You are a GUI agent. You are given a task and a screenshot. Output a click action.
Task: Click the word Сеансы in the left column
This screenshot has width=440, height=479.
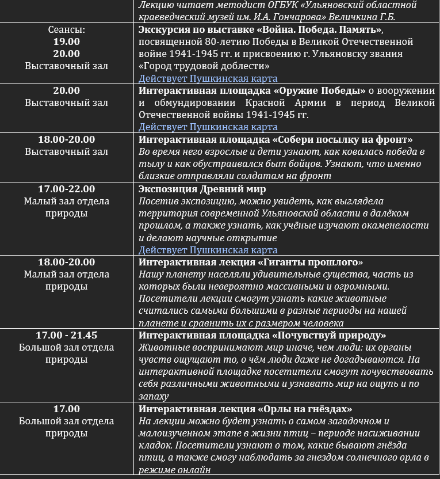(67, 29)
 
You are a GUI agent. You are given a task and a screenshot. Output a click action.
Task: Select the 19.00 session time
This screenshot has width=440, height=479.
(67, 41)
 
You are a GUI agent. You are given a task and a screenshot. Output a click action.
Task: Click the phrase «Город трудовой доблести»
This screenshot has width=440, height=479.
(204, 66)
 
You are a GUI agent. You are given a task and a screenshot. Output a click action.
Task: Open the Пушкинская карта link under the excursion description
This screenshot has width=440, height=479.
(208, 78)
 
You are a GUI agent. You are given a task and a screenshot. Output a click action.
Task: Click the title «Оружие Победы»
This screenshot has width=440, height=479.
(320, 91)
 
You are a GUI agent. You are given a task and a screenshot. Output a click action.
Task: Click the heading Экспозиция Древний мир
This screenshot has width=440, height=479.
(202, 189)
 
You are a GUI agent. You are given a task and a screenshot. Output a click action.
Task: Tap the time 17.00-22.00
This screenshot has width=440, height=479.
(67, 189)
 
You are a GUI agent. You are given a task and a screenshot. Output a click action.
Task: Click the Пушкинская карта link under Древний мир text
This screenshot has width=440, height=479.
(208, 250)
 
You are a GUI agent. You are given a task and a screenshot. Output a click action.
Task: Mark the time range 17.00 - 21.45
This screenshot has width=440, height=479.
(67, 336)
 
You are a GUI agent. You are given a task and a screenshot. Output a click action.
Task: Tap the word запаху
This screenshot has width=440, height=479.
(154, 396)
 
